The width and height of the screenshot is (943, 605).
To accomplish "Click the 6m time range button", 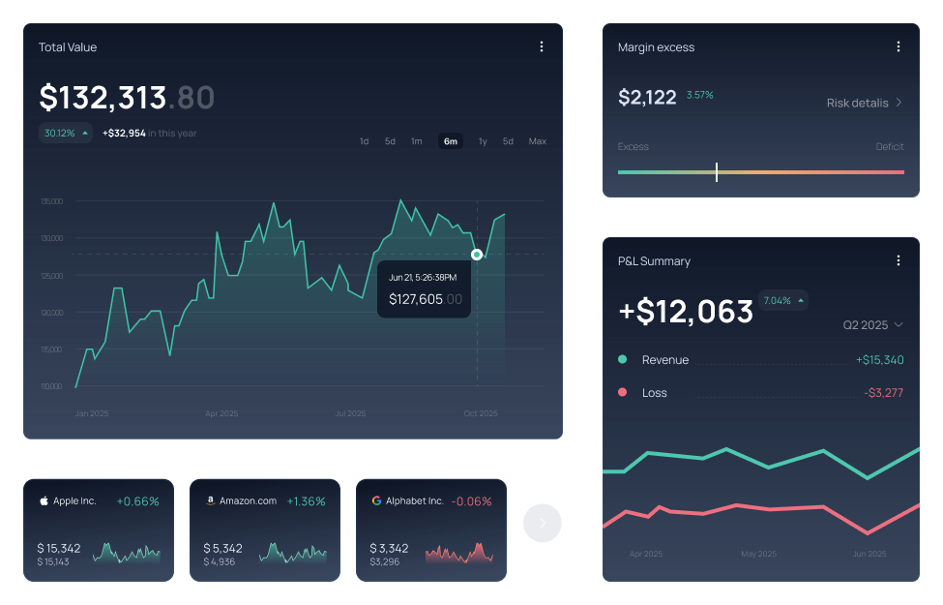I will click(451, 141).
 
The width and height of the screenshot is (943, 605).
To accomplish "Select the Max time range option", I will click(537, 141).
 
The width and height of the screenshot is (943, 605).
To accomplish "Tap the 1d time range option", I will click(364, 141).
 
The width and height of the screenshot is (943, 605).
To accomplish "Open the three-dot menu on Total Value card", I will click(542, 46).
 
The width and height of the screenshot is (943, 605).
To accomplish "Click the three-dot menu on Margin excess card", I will click(899, 46).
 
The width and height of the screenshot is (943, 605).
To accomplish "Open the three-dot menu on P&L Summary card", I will click(899, 260).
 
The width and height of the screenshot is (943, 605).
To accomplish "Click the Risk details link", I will click(865, 103).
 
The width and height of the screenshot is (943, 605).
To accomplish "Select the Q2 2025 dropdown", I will click(872, 325).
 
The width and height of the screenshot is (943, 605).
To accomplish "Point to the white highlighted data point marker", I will click(477, 255).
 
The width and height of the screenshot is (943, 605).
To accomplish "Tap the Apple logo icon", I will click(44, 501).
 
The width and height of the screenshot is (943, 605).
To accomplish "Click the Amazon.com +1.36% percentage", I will click(306, 501).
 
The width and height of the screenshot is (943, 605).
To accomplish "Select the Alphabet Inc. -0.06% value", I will click(472, 501).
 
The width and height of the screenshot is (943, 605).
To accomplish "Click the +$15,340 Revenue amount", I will click(879, 360).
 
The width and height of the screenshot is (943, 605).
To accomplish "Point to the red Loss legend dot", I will click(622, 392).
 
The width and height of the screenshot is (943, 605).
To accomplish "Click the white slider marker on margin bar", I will click(717, 172).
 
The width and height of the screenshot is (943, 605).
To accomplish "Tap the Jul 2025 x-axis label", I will click(350, 413).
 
